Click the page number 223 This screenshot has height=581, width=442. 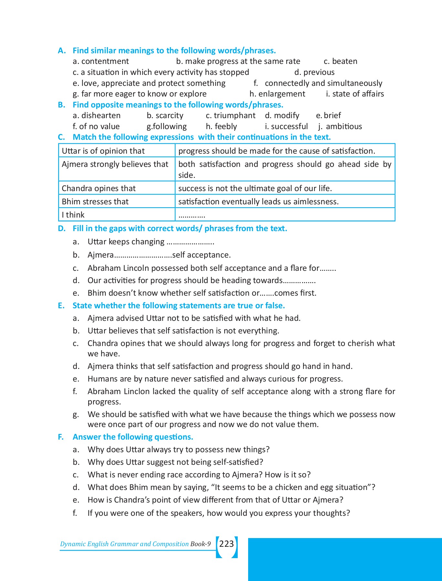coord(226,544)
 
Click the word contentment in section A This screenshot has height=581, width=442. coord(105,61)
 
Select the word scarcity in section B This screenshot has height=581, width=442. coord(169,116)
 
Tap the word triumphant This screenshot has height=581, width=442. coord(235,116)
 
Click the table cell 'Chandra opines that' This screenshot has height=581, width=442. coord(99,189)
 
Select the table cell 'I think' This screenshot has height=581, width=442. coord(73,215)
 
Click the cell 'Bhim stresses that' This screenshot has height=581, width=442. coord(95,202)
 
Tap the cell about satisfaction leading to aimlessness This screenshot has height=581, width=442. coord(258,202)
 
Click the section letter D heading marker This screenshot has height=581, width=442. coord(61,229)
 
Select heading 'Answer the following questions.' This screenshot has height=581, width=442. coord(133,437)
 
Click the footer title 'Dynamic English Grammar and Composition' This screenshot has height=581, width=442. coord(124,544)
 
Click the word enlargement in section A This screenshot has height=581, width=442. coord(282,94)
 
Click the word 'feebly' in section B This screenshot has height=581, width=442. coord(226,127)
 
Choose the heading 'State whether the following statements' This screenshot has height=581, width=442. coord(179,306)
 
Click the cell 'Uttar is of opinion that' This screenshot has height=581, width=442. coord(103,151)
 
